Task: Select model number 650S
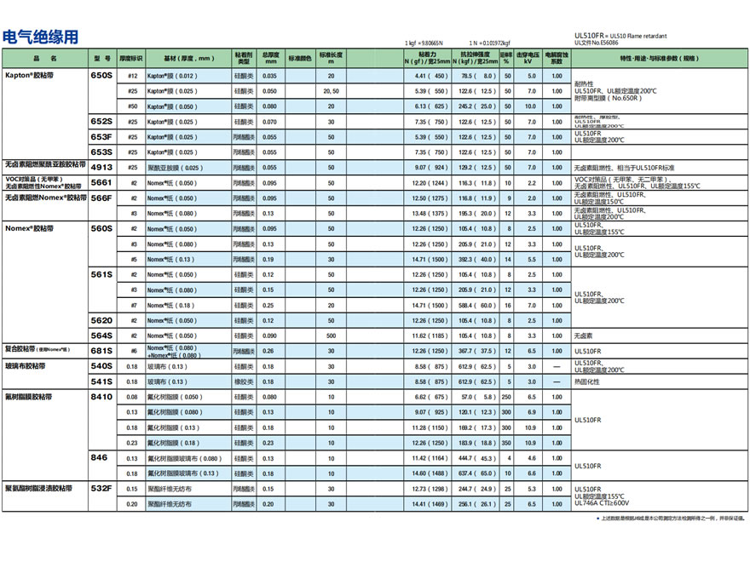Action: pos(101,76)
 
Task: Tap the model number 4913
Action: pos(101,167)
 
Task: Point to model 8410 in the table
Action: pos(101,396)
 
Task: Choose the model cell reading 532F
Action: pos(101,489)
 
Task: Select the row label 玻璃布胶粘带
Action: pos(25,365)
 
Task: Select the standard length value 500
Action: pos(331,335)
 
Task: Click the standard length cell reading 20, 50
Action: pos(331,91)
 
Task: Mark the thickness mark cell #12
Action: pos(132,76)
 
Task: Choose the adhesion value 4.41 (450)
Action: pos(430,76)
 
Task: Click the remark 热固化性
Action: pos(587,381)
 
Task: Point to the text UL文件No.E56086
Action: pos(597,42)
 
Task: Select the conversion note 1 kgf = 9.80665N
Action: pos(424,42)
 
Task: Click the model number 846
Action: pos(100,457)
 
